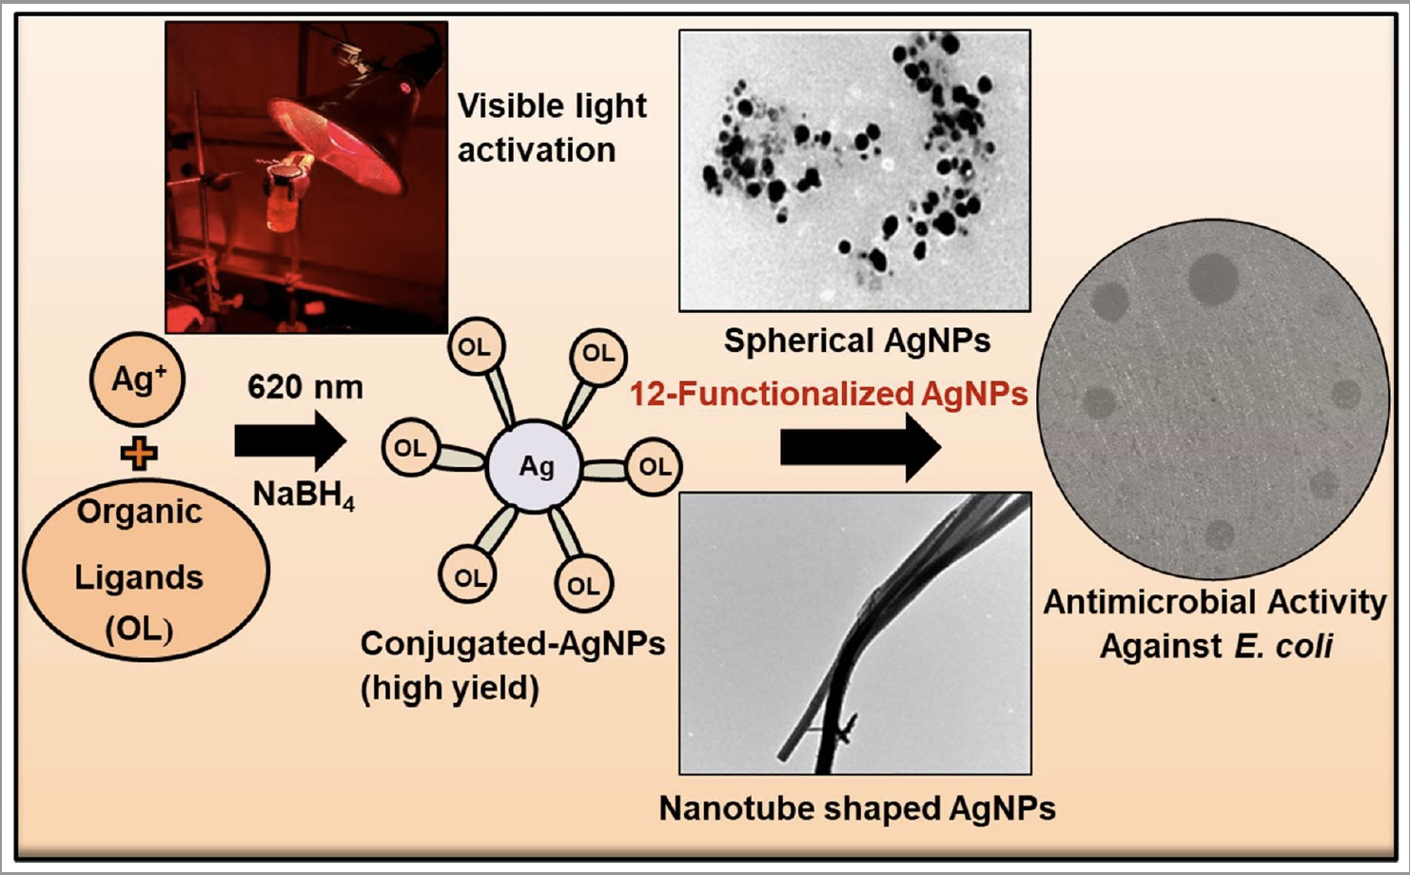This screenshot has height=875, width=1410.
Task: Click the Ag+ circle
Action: pyautogui.click(x=137, y=379)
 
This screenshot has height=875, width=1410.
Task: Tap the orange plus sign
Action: pyautogui.click(x=139, y=453)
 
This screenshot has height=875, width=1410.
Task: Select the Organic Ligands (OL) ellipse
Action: pyautogui.click(x=146, y=570)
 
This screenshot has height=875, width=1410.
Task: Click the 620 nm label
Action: pyautogui.click(x=305, y=387)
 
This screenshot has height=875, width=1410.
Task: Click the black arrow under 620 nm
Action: pyautogui.click(x=290, y=441)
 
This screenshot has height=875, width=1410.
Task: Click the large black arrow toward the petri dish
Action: pyautogui.click(x=860, y=448)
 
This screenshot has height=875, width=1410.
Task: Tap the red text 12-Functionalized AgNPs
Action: pyautogui.click(x=829, y=395)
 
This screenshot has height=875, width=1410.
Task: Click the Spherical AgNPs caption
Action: pyautogui.click(x=857, y=341)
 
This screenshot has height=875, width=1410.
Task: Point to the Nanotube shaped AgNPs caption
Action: pyautogui.click(x=856, y=808)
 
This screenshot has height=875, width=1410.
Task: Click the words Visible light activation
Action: pyautogui.click(x=552, y=127)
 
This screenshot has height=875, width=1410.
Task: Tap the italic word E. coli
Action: pyautogui.click(x=1284, y=646)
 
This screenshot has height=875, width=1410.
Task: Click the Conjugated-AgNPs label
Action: pyautogui.click(x=513, y=644)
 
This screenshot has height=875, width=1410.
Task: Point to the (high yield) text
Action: pyautogui.click(x=450, y=689)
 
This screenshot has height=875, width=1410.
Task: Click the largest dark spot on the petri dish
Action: pyautogui.click(x=1213, y=278)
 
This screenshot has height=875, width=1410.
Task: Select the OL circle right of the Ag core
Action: pyautogui.click(x=655, y=467)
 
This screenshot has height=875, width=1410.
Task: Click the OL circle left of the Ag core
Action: pyautogui.click(x=410, y=448)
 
